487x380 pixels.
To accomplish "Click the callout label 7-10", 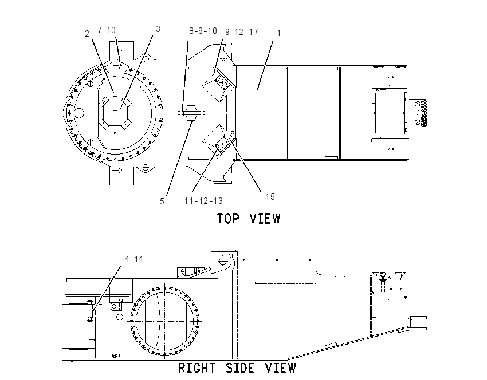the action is point(107,30).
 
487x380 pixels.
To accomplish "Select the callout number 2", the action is point(87,34).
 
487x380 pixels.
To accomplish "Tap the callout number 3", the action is point(158,29).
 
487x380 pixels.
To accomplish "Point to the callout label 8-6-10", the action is point(203,31).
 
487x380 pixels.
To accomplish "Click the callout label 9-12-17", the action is point(242,32).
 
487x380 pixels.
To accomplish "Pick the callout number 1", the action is point(279,33).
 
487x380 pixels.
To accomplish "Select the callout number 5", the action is point(162,201).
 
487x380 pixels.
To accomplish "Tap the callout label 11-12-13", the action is point(204,201).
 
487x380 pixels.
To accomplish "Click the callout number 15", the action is point(270,197).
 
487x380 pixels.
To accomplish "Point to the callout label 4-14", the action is point(134,259).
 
